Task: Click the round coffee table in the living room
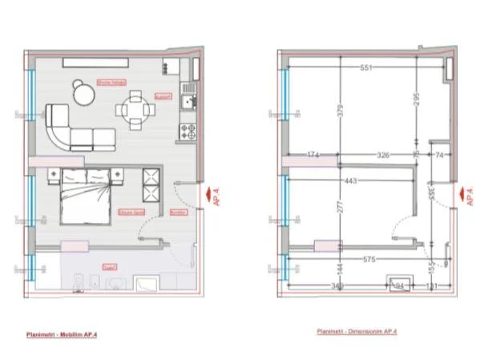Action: [83, 94]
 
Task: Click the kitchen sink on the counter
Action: [189, 101]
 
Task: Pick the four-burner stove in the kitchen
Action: [189, 128]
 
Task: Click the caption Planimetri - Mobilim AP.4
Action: [64, 330]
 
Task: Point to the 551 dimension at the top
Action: [367, 68]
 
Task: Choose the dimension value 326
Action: [382, 154]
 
